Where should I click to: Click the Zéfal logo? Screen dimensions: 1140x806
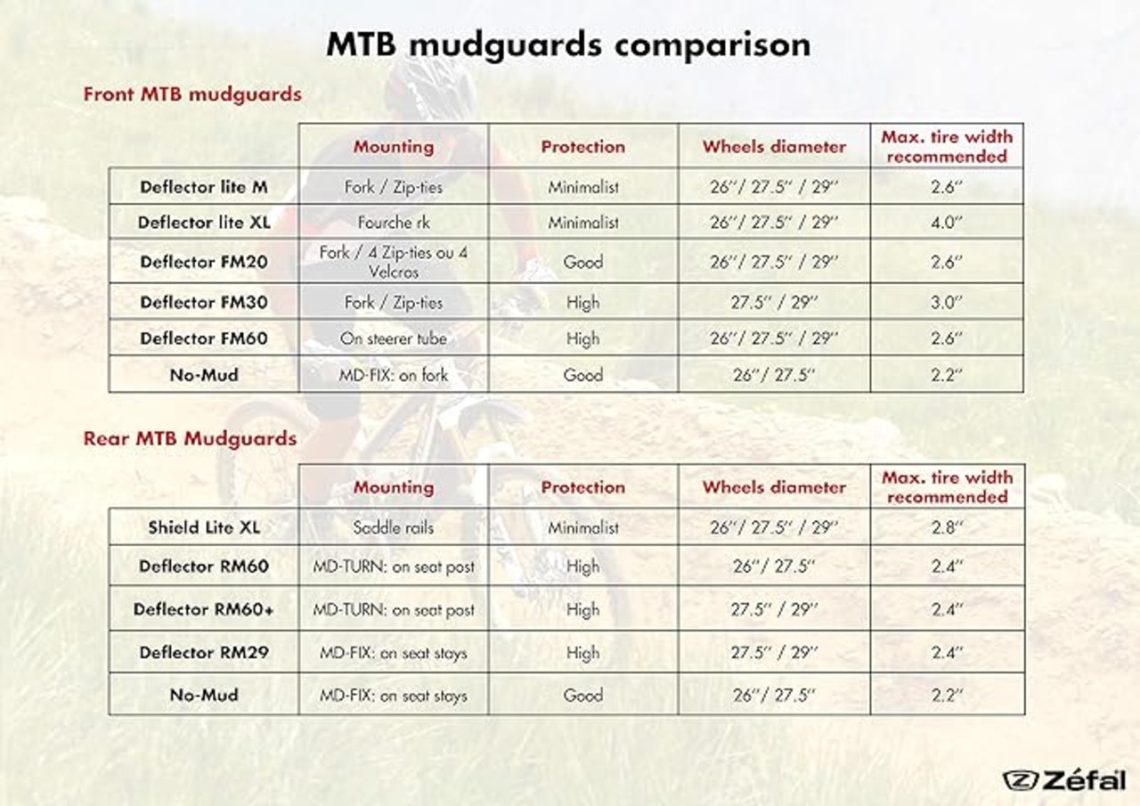click(x=1064, y=780)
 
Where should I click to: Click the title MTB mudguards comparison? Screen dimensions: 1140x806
click(x=568, y=45)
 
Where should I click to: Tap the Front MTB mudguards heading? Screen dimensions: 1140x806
click(x=192, y=94)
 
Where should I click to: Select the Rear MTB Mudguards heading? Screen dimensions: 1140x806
click(x=190, y=438)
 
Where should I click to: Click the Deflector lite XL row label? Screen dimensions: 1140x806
click(x=204, y=223)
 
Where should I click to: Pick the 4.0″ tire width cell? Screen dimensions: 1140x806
click(x=947, y=223)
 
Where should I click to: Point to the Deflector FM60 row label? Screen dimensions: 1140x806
click(x=204, y=338)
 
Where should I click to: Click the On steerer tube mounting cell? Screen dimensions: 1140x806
click(x=394, y=338)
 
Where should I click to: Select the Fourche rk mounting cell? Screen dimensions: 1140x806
click(x=394, y=223)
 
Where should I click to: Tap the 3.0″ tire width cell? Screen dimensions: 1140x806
click(x=947, y=302)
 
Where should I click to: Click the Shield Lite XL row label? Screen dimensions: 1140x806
click(x=204, y=527)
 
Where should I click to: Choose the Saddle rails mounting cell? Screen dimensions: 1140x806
click(x=394, y=527)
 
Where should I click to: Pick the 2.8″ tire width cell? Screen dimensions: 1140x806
click(x=947, y=527)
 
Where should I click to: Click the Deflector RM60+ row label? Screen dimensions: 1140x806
click(x=204, y=609)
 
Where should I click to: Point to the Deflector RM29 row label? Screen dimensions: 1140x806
click(x=204, y=652)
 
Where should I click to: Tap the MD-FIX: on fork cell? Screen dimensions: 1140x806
click(x=394, y=375)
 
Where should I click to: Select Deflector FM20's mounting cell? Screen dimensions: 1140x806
click(x=394, y=262)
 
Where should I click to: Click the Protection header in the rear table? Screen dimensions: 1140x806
click(x=583, y=487)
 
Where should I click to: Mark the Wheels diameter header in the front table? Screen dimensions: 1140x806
click(x=774, y=147)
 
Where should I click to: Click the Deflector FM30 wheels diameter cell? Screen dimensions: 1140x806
click(x=774, y=302)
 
